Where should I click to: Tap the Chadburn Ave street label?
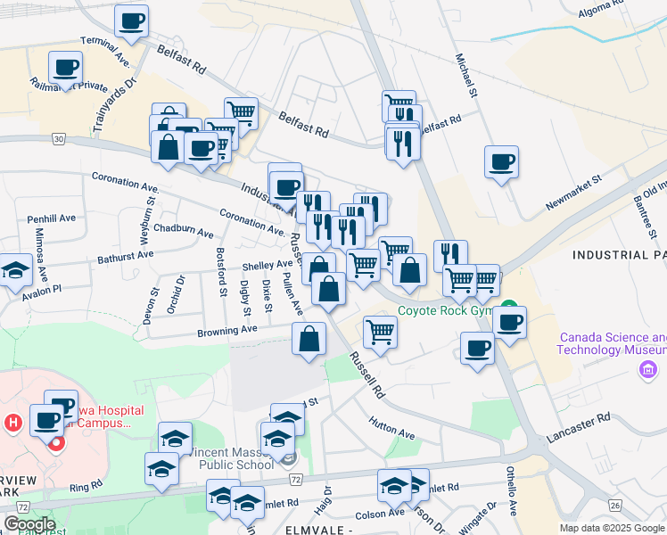183,231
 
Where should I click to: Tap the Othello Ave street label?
512,487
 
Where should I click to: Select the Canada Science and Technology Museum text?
611,343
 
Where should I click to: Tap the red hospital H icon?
12,422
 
